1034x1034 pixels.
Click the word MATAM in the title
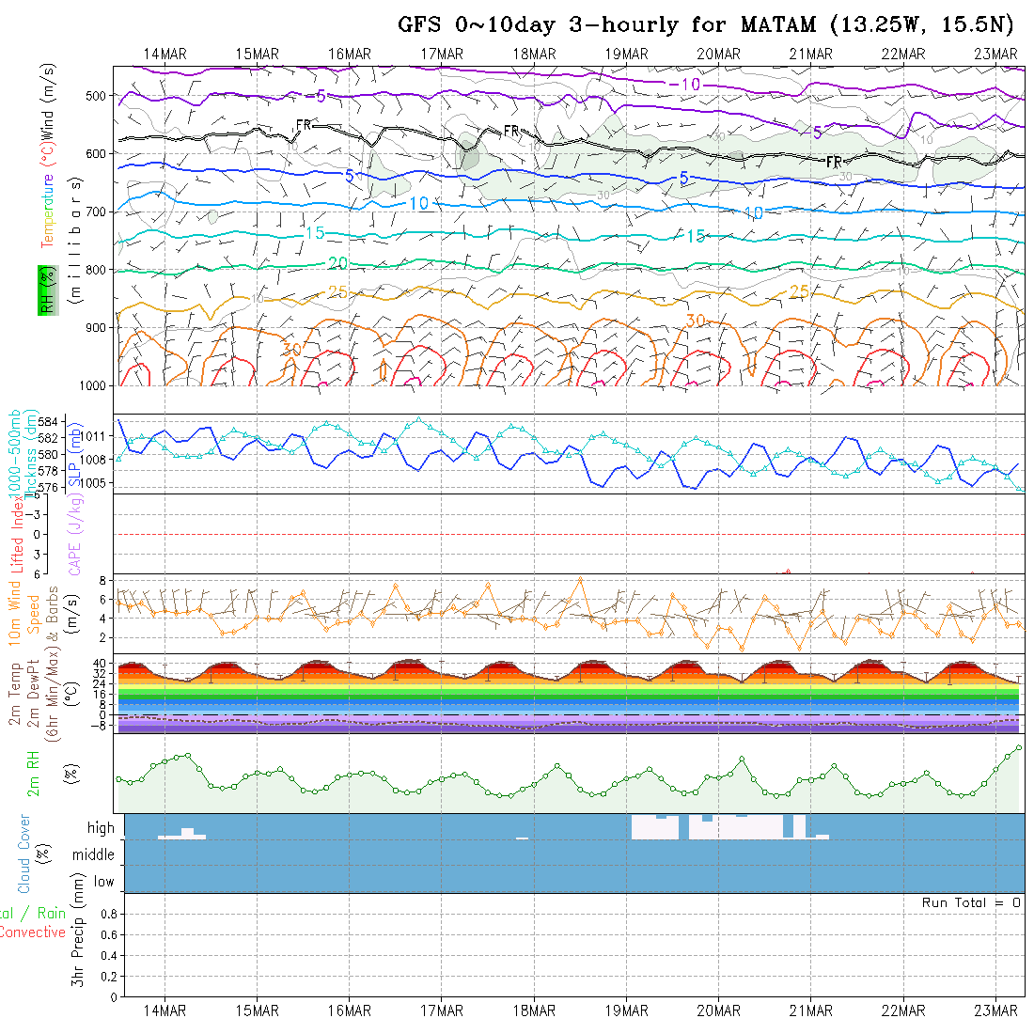(782, 24)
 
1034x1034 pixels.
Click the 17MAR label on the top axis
(442, 54)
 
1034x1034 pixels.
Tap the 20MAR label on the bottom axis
(718, 1010)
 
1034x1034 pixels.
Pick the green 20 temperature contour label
(338, 263)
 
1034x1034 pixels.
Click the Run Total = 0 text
(971, 902)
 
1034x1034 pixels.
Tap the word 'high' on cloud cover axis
(101, 828)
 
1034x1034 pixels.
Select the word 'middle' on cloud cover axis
(94, 854)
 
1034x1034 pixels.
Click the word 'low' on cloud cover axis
(103, 882)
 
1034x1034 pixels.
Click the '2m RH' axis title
(34, 774)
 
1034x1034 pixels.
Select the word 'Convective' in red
(33, 932)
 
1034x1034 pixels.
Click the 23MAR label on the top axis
(995, 54)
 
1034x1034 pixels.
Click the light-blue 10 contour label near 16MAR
(419, 203)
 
